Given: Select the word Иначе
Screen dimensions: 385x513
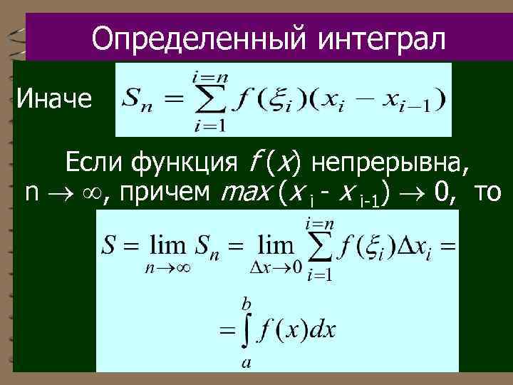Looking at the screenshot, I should click(x=54, y=99).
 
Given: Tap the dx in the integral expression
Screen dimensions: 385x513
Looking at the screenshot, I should click(x=324, y=331).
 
